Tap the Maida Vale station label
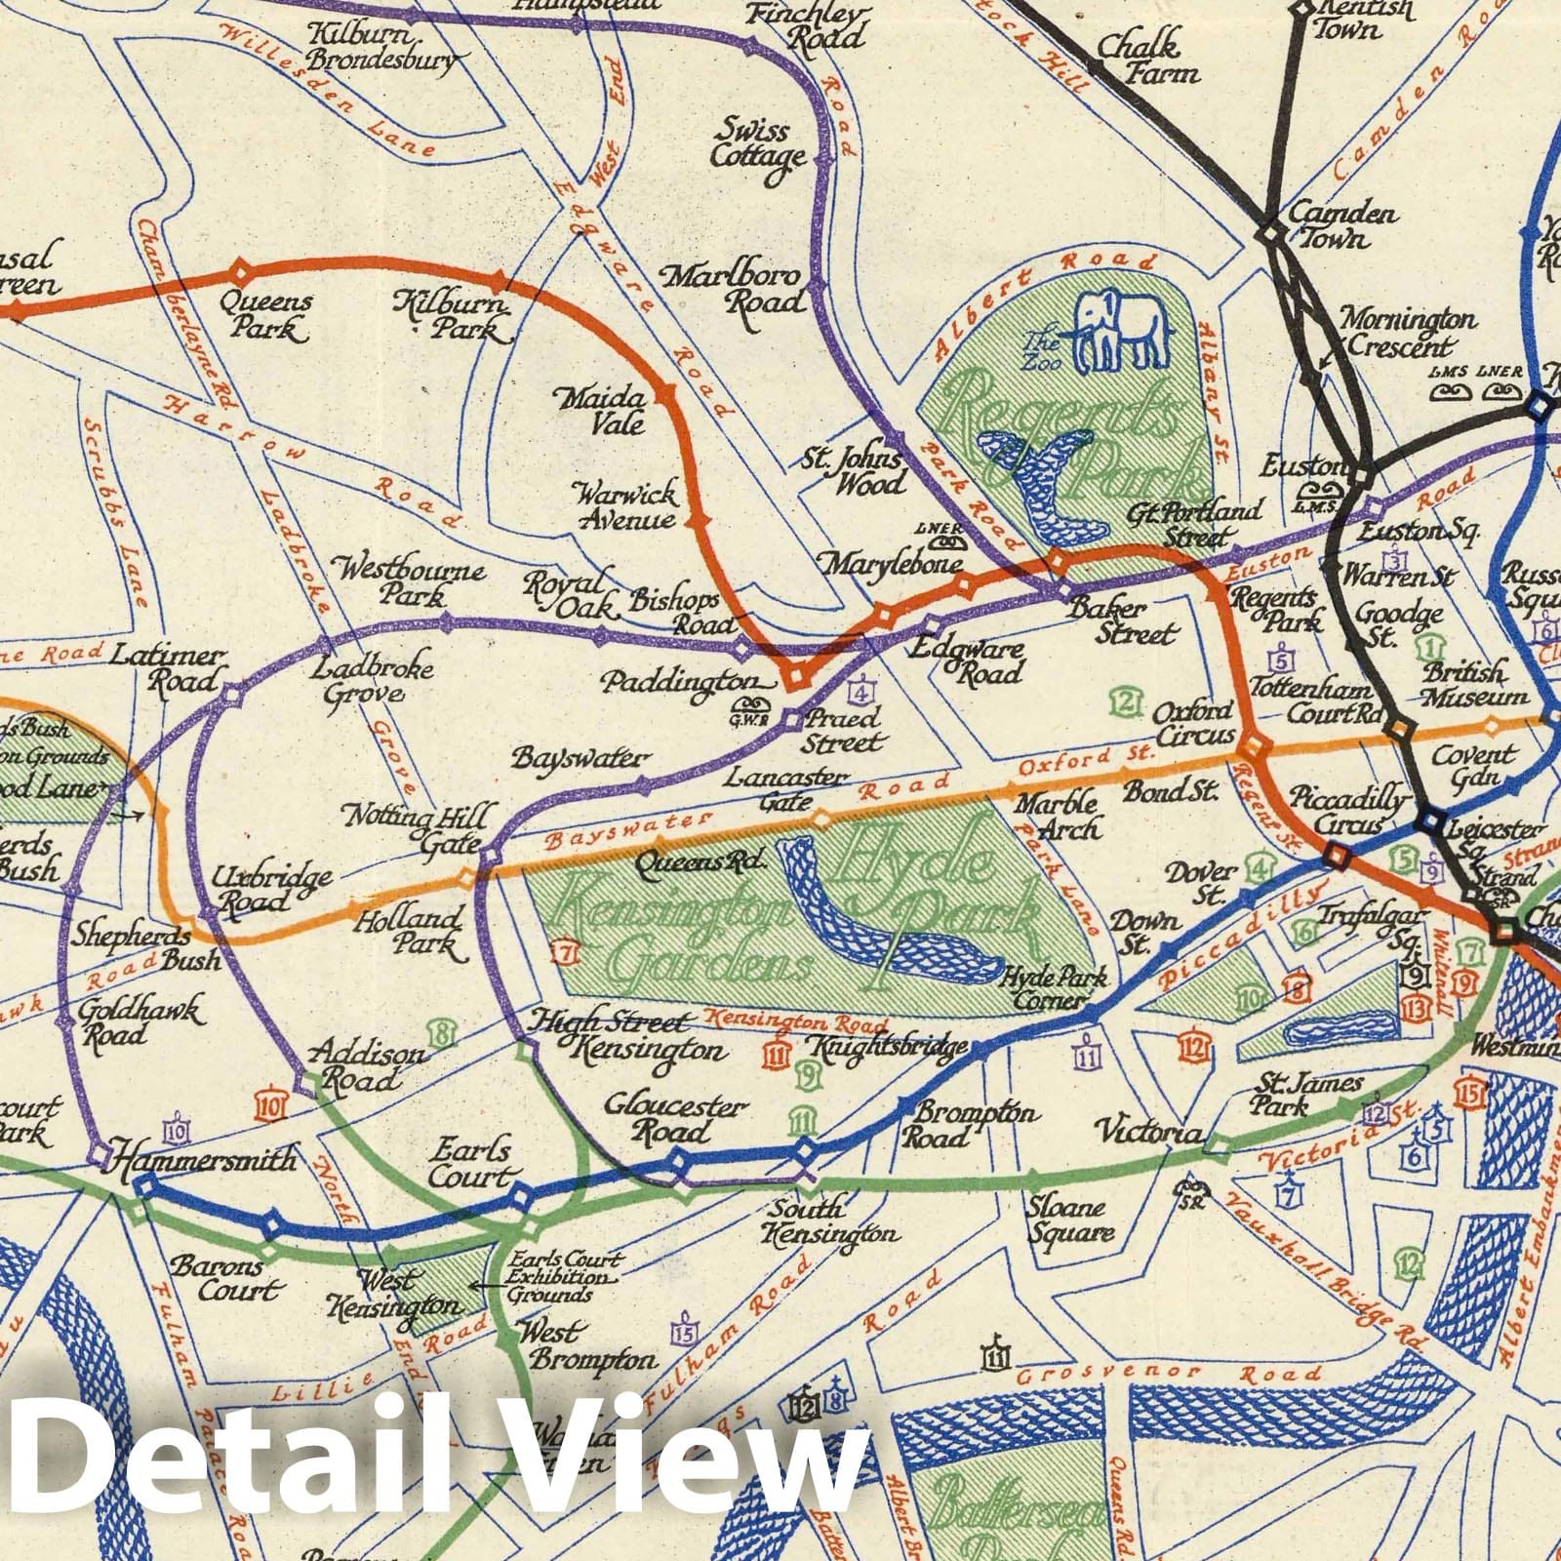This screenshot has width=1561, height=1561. tap(615, 411)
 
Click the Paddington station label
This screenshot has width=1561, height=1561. tap(679, 681)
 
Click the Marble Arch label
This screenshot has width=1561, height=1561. tap(1057, 816)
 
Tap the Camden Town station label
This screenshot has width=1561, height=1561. tap(1341, 224)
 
